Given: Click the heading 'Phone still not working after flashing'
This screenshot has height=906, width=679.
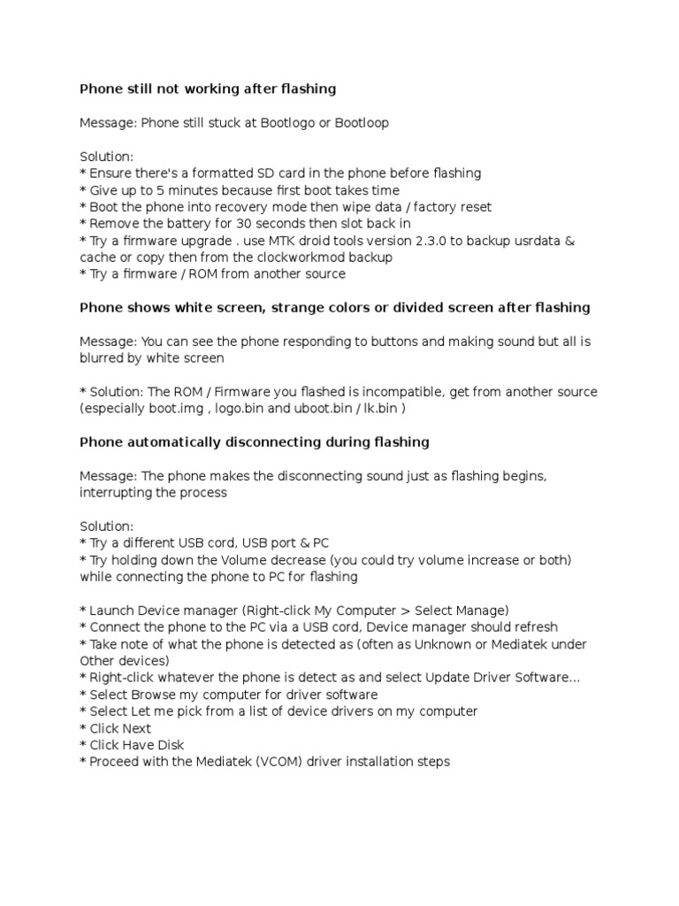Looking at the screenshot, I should click(208, 88).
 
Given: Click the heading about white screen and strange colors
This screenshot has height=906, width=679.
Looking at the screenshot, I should click(335, 308).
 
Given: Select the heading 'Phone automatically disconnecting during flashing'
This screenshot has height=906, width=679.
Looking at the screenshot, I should click(255, 441).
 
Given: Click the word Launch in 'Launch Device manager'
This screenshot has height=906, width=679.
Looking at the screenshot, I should click(111, 610).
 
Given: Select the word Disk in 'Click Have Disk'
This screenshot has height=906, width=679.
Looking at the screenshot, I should click(168, 745).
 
